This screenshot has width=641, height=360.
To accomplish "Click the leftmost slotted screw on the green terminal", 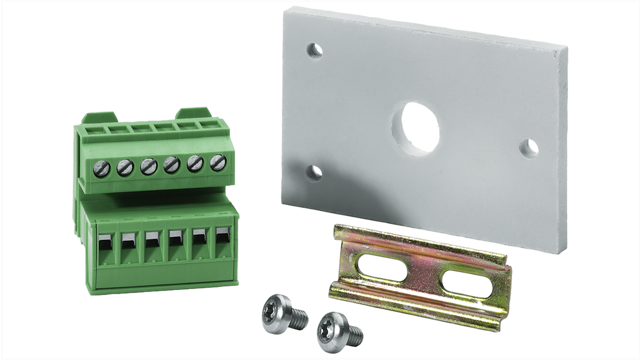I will pos(99,169).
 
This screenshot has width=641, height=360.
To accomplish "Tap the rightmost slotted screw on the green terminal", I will pos(218,162).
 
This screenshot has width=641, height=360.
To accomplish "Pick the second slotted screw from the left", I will pos(123,167).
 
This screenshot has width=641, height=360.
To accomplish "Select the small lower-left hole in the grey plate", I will pos(315,172).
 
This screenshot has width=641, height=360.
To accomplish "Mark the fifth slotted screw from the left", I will pos(195,163).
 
